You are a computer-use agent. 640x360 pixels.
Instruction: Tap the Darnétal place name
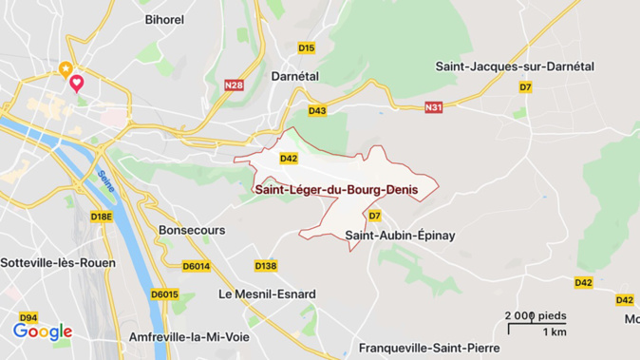(x=294, y=75)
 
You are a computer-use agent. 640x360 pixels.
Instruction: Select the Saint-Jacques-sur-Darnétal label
(x=514, y=66)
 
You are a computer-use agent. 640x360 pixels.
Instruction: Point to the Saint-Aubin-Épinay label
(x=400, y=235)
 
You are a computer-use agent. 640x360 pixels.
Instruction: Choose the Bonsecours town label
(x=192, y=230)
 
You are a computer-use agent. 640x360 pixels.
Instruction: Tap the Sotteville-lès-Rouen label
(x=58, y=262)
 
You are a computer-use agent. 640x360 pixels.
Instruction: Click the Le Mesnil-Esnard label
(x=267, y=294)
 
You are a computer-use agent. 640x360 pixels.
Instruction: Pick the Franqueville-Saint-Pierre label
(x=429, y=348)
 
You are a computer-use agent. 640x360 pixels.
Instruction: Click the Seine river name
(x=106, y=182)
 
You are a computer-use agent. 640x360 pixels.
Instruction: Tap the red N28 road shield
(x=234, y=85)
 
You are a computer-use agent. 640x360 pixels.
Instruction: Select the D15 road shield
(x=306, y=47)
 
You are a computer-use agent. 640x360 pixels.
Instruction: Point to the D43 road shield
(x=317, y=111)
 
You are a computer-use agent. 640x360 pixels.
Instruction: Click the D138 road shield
(x=266, y=265)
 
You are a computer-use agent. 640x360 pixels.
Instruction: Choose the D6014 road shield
(x=196, y=266)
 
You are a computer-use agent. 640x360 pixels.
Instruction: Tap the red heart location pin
(x=77, y=83)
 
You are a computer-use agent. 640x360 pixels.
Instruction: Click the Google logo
(x=43, y=332)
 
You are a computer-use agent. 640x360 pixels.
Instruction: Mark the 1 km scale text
(x=554, y=332)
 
